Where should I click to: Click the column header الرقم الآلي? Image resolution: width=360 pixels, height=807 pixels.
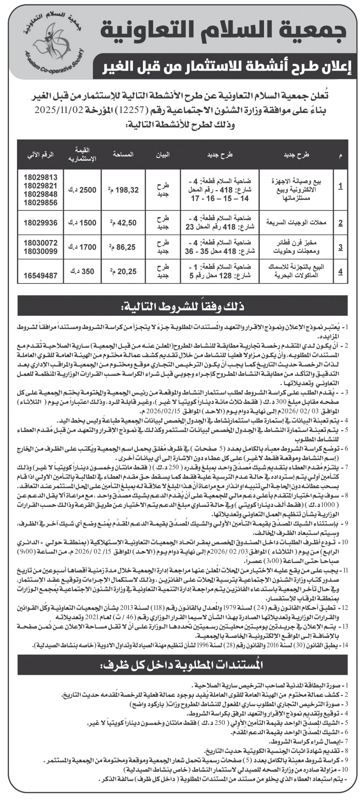40,154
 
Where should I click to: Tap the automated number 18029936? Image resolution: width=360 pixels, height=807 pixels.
40,222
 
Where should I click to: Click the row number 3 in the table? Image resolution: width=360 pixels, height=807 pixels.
340,247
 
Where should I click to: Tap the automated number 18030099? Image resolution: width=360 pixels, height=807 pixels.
40,251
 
